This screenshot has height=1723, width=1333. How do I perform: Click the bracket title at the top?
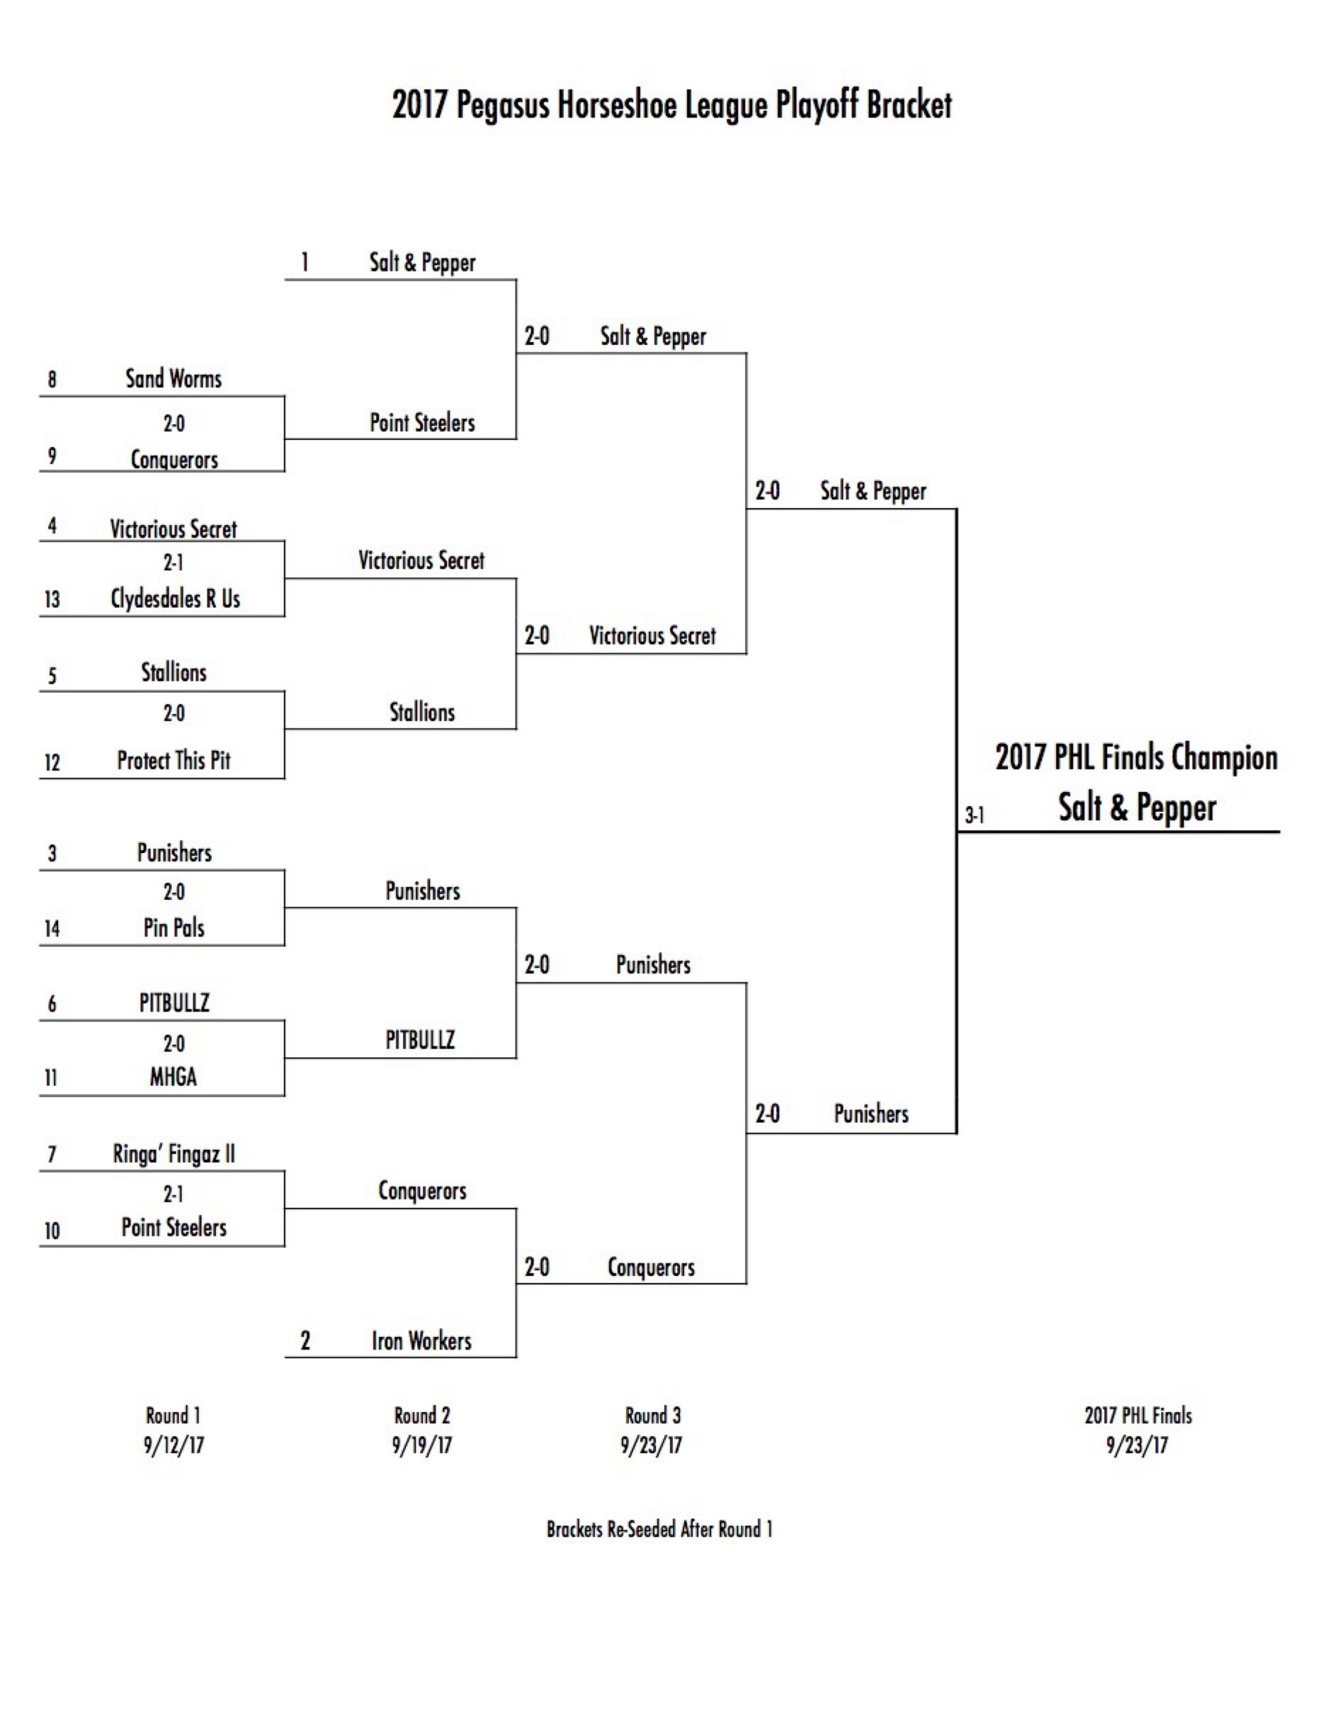pos(671,106)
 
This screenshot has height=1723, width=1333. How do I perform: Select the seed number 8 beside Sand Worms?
pos(52,380)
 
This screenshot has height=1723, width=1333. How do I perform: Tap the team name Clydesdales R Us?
pos(175,599)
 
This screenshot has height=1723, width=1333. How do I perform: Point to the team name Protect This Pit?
pos(174,760)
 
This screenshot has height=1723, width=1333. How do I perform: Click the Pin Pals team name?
pos(174,928)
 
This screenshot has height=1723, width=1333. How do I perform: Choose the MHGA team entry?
pos(174,1077)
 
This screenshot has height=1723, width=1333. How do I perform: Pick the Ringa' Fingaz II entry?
pos(174,1154)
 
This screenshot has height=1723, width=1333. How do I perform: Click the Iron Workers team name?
pos(421,1341)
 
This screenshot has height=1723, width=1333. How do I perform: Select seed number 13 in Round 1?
pos(52,599)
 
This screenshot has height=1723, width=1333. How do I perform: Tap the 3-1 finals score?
pos(974,815)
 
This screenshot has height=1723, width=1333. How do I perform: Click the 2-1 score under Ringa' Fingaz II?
pos(174,1194)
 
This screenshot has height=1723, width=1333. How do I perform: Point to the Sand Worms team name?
pos(174,379)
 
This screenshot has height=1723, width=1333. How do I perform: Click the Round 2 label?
pos(422,1416)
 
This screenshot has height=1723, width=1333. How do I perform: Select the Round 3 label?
pos(652,1416)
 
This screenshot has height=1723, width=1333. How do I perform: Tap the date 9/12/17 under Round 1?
pos(174,1445)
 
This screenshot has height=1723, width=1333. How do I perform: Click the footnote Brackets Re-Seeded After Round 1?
pos(659,1529)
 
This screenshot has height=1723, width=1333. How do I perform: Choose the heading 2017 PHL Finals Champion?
pos(1136,757)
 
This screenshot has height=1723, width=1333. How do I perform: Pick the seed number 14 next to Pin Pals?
pos(52,929)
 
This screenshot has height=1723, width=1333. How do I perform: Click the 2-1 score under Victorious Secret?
pos(174,563)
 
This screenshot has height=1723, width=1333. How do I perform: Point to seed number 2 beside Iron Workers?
pos(305,1340)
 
